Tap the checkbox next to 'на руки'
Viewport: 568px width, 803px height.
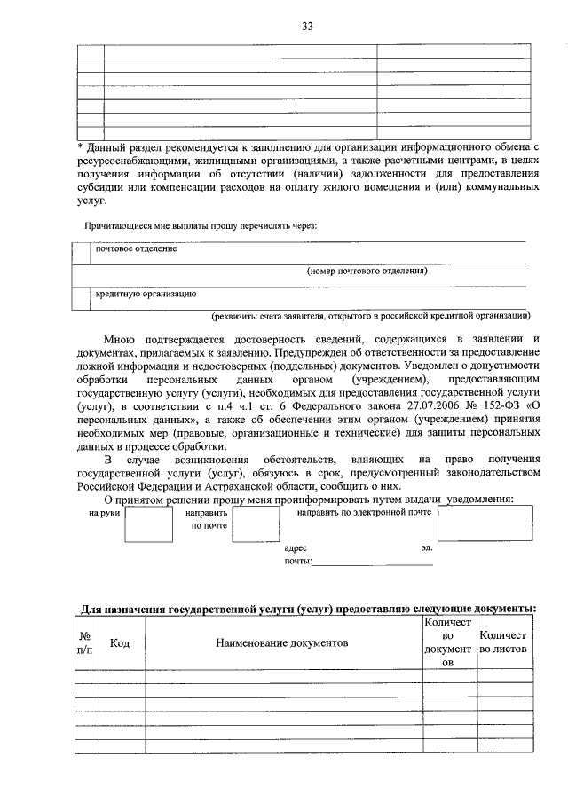click(148, 523)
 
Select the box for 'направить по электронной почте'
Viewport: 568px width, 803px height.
click(485, 523)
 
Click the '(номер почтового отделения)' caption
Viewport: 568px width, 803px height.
click(367, 271)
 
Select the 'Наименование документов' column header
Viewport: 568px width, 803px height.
click(282, 642)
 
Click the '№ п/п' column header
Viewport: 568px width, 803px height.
click(86, 642)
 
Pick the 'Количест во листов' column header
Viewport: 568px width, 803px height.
click(503, 642)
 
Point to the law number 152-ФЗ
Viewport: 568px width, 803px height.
click(505, 406)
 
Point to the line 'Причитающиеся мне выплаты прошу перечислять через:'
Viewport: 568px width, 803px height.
click(201, 225)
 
